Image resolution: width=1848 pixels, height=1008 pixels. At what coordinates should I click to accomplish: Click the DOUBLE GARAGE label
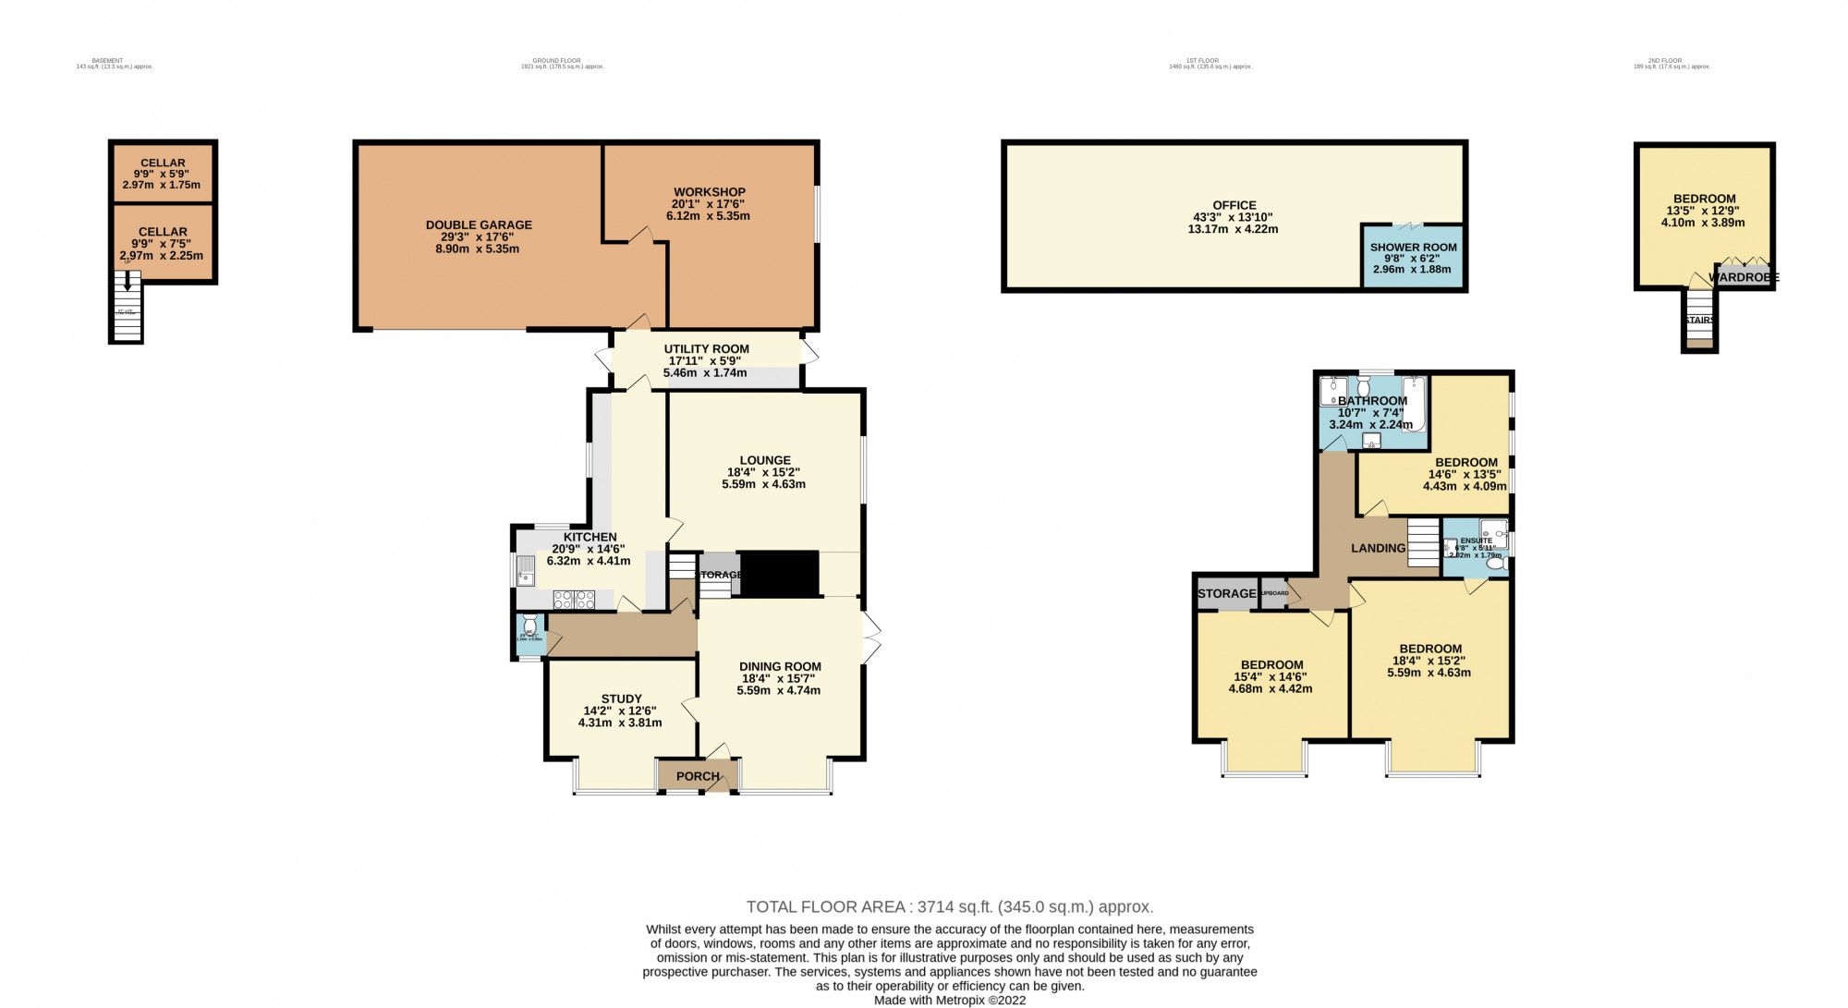(x=479, y=225)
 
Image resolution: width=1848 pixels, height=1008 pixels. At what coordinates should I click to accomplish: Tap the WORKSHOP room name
(x=709, y=192)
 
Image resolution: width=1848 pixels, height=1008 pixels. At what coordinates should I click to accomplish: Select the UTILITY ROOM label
(x=706, y=349)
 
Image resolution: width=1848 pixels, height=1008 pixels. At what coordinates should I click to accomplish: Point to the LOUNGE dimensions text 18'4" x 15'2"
(x=764, y=472)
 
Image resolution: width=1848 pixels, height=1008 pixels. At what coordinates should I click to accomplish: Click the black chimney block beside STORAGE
(x=780, y=574)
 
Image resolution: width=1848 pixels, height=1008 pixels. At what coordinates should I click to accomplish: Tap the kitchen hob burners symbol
(x=574, y=600)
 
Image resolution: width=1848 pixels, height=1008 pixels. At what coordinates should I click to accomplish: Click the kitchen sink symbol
(x=527, y=572)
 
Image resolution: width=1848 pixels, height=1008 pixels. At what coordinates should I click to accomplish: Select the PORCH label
(x=698, y=776)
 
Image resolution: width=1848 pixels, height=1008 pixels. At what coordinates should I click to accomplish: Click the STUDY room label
(x=621, y=699)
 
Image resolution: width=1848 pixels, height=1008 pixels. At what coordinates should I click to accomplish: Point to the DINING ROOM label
(x=780, y=666)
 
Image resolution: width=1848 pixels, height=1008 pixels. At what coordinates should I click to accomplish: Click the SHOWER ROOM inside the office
(x=1413, y=257)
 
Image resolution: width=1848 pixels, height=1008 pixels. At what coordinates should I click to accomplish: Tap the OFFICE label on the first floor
(x=1234, y=205)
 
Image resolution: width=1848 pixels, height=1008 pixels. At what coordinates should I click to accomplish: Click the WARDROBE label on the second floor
(x=1744, y=277)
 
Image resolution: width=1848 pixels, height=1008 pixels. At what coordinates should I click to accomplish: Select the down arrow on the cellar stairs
(x=128, y=282)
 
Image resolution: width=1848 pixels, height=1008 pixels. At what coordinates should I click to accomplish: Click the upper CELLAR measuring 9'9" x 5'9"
(x=163, y=173)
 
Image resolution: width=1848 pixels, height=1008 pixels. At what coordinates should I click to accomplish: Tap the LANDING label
(x=1378, y=548)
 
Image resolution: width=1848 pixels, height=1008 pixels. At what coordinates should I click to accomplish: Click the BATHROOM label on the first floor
(x=1372, y=401)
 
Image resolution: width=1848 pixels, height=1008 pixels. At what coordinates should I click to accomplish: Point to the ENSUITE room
(x=1476, y=548)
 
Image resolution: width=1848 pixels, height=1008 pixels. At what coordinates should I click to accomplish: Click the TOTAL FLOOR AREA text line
(x=949, y=907)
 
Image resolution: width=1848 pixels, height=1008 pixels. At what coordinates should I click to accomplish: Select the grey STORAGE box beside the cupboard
(x=1226, y=593)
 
